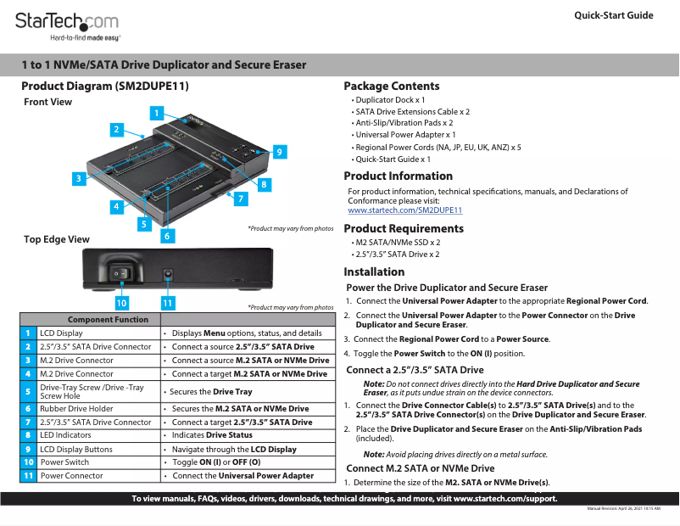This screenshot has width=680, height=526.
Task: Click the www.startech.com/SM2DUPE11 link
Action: [x=404, y=210]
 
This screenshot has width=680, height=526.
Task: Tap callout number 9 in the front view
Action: [x=278, y=152]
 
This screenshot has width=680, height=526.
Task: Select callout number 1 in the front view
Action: [x=156, y=112]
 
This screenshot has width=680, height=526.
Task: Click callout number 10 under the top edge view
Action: [x=121, y=301]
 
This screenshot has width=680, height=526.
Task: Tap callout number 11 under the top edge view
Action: [x=167, y=301]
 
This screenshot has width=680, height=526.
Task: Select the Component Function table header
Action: [x=108, y=319]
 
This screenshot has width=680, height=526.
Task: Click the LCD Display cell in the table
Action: [x=61, y=333]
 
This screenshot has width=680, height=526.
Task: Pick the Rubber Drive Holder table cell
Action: [x=76, y=408]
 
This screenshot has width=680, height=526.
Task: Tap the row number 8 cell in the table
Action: [x=29, y=435]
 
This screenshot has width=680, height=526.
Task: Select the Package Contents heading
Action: [x=391, y=86]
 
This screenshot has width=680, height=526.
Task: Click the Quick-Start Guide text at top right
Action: [x=613, y=15]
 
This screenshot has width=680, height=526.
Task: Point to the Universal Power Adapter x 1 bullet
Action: [x=405, y=134]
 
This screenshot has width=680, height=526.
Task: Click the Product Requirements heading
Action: [x=404, y=228]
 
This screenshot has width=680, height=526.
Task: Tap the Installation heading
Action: [x=374, y=271]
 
